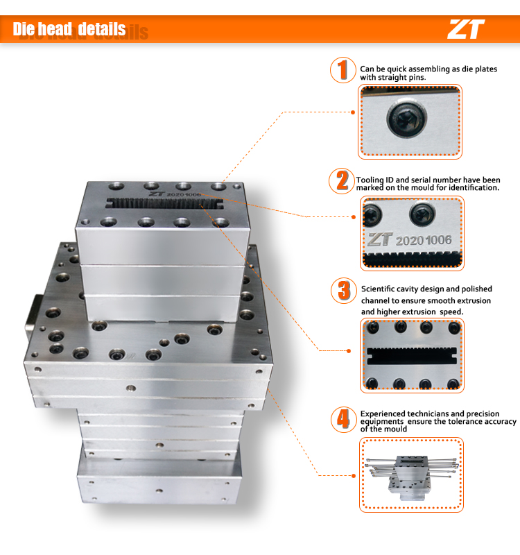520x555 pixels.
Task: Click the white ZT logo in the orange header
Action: pos(465,28)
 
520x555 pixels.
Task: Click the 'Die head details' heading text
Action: pos(69,29)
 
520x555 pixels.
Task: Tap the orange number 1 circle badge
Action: pos(342,70)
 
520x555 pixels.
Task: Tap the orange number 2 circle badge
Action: pos(342,180)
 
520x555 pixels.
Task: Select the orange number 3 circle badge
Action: pos(343,290)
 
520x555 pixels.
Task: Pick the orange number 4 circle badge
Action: pos(343,418)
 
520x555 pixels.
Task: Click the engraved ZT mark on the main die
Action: pos(155,196)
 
